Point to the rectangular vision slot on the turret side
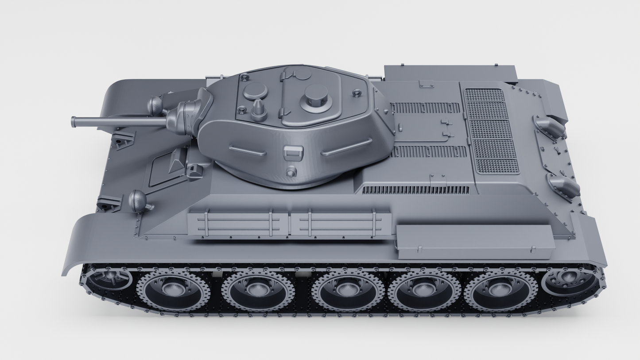pos(293,153)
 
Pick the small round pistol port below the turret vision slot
pos(291,172)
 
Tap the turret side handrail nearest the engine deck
pos(346,147)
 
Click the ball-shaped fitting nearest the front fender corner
pos(138,201)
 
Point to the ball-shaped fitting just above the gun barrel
pos(155,106)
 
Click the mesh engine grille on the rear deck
pos(492,132)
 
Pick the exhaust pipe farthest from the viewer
pos(550,126)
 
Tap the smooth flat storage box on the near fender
pos(475,241)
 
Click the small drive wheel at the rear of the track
pos(569,279)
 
